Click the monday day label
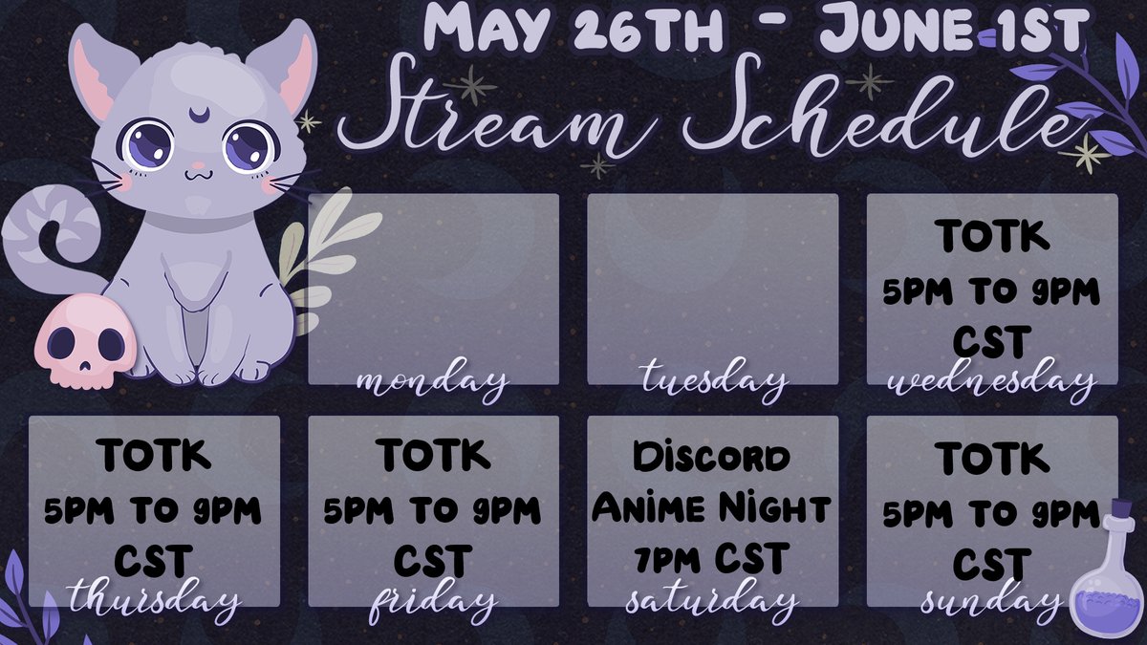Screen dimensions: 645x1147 click(x=431, y=382)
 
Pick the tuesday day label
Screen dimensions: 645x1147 click(x=713, y=382)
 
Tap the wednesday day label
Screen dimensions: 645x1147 click(x=991, y=382)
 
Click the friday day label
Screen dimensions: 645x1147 click(x=432, y=603)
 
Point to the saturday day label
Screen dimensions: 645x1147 click(x=712, y=601)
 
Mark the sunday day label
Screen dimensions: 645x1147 click(x=991, y=601)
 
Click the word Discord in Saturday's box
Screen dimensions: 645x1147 click(x=712, y=457)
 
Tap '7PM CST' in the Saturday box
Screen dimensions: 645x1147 click(x=712, y=556)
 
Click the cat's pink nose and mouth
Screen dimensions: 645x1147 click(x=198, y=174)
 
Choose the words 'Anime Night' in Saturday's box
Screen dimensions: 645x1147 click(x=712, y=506)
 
